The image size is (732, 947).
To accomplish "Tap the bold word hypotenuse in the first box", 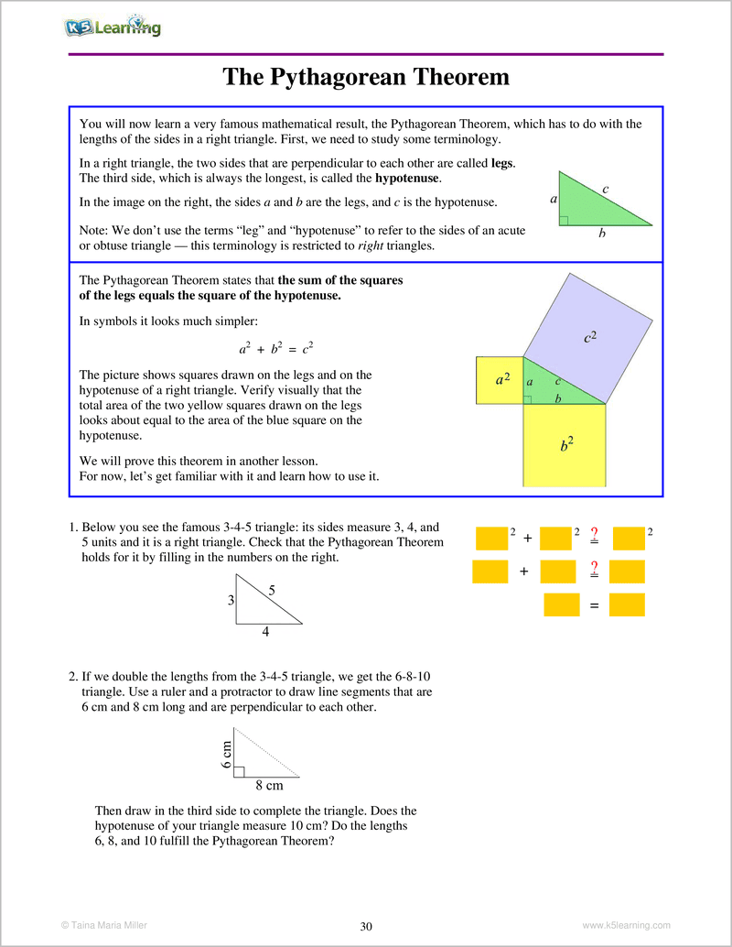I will click(407, 178).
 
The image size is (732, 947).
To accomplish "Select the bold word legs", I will click(502, 163).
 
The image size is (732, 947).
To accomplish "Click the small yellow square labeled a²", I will click(500, 380).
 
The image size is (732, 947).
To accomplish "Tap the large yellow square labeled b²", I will click(565, 445).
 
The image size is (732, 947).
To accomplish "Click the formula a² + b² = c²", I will click(276, 349).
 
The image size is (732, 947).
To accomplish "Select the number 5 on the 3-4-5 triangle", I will click(272, 591).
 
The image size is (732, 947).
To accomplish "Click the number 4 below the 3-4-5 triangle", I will click(265, 631).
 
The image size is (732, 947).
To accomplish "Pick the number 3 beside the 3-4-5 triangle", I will click(231, 601).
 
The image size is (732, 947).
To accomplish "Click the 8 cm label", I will click(269, 785).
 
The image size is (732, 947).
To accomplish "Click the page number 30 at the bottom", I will click(366, 927).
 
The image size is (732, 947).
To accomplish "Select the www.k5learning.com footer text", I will click(626, 926).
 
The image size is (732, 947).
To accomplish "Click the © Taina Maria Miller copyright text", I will click(103, 926).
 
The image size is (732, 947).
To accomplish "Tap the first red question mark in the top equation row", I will click(594, 534).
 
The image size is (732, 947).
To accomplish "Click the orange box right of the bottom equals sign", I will click(627, 604).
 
